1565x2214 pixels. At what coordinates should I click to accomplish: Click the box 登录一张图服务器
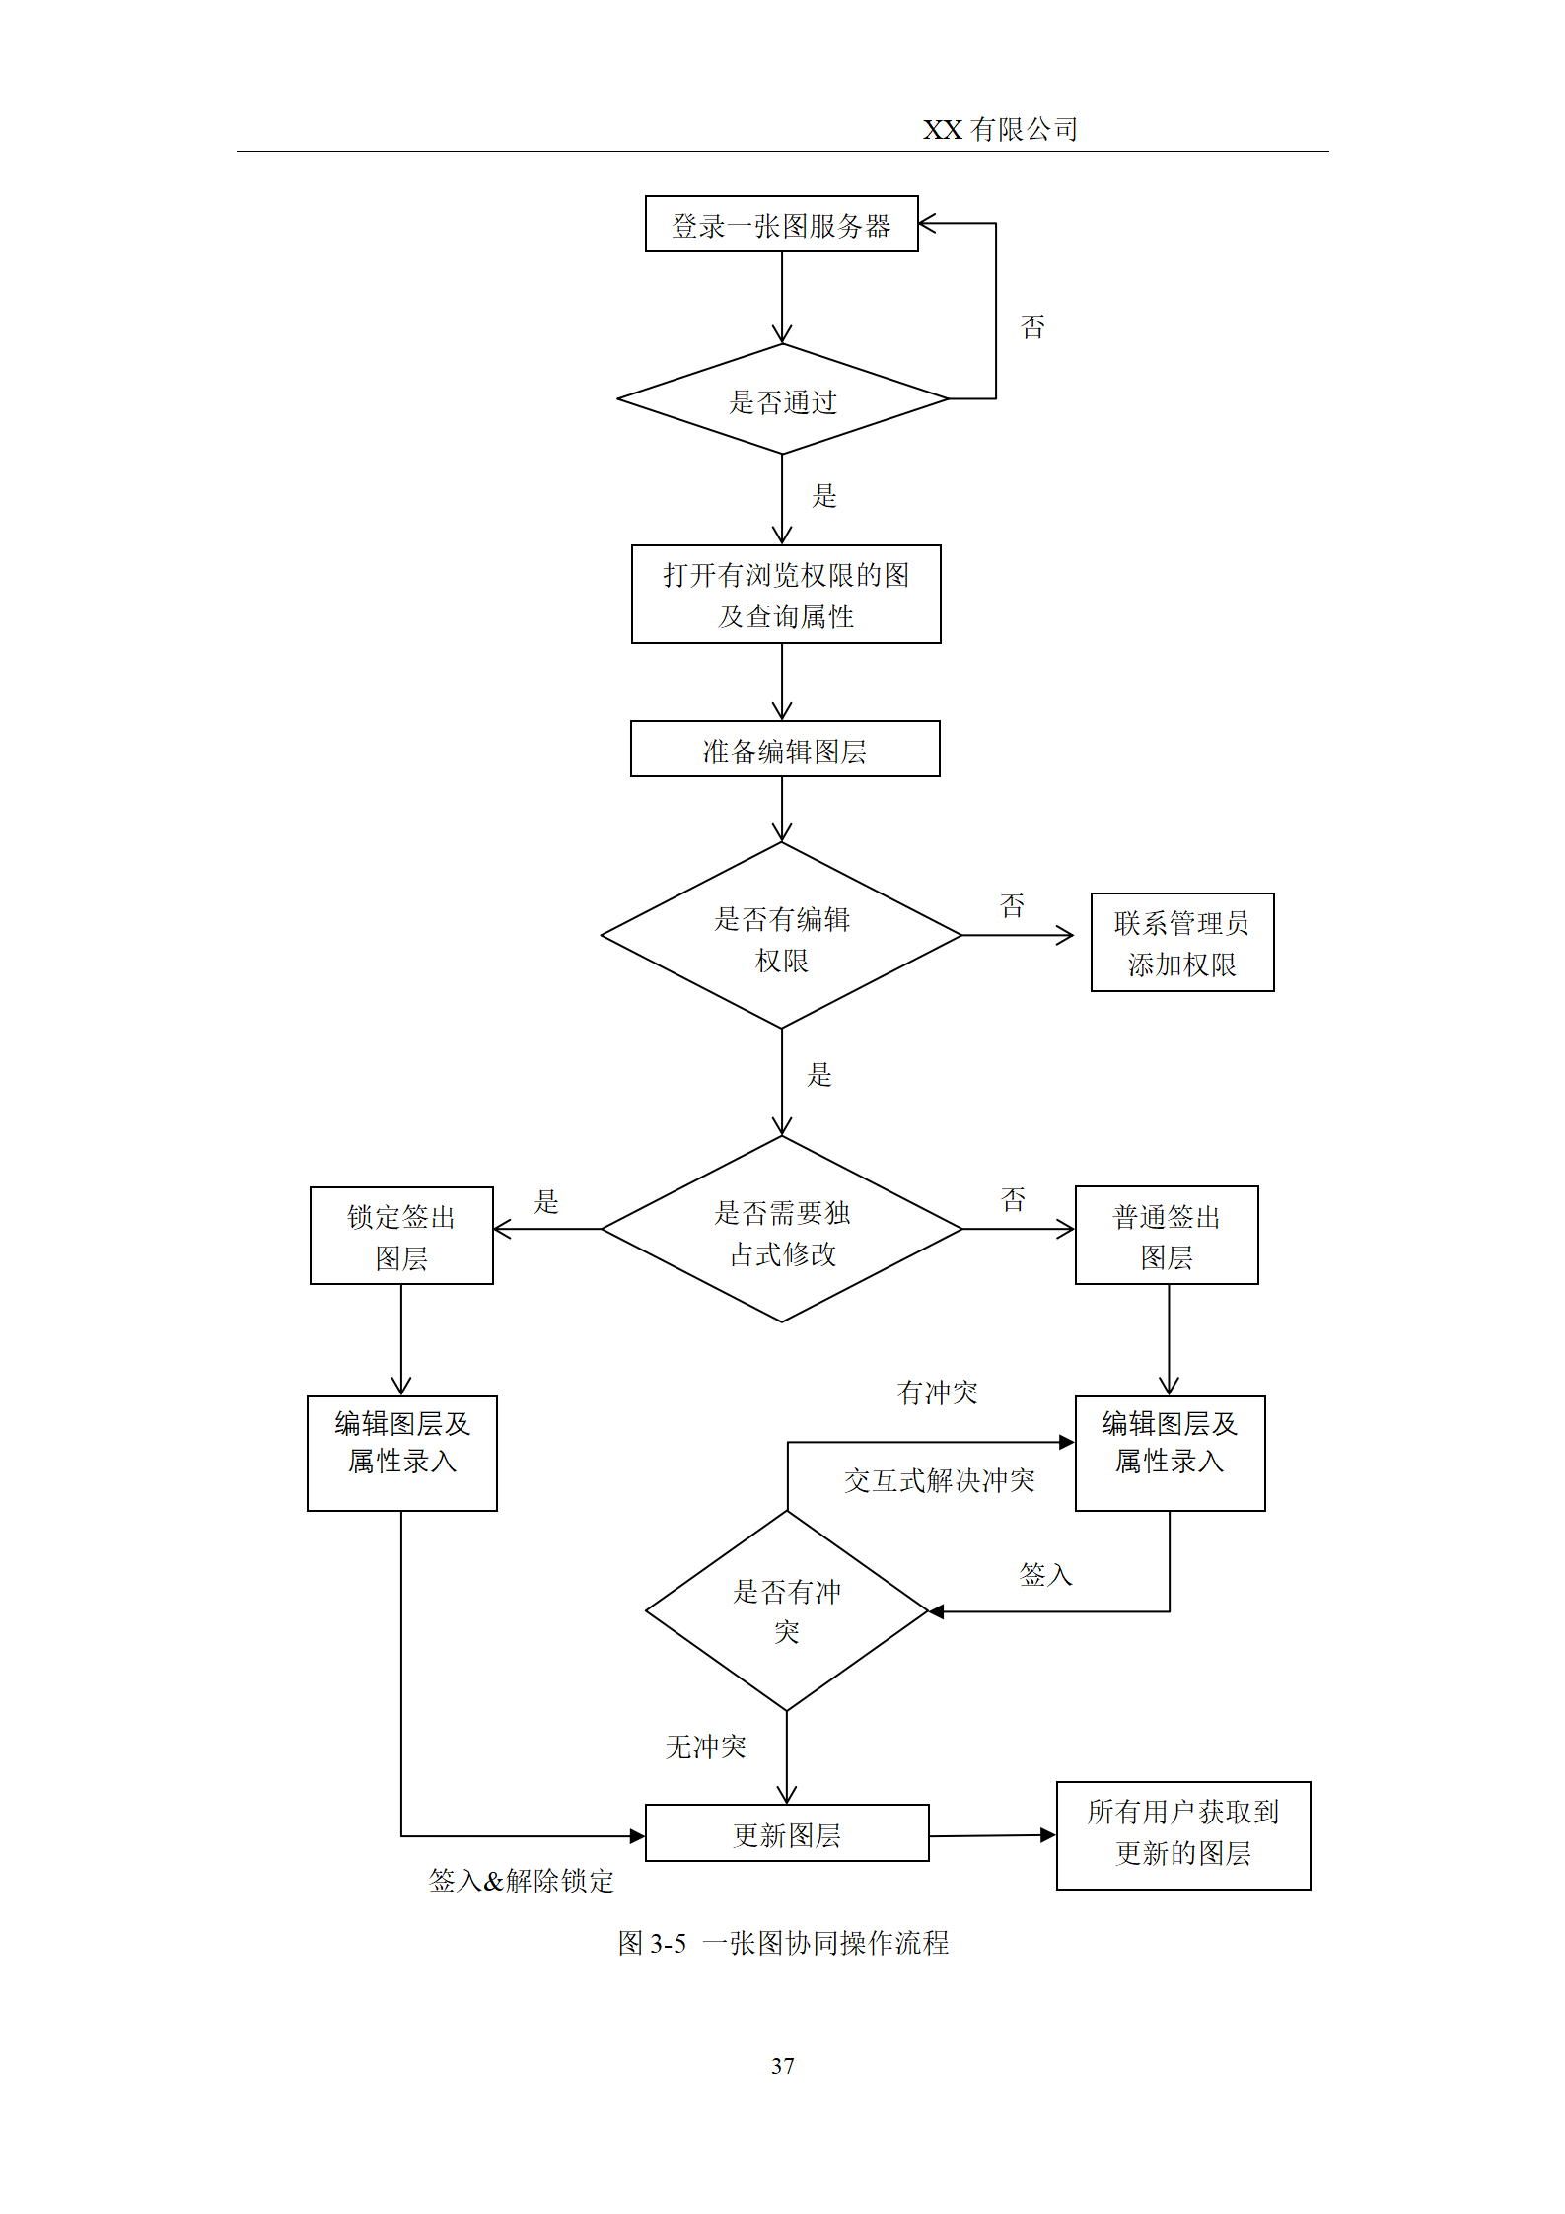pyautogui.click(x=781, y=225)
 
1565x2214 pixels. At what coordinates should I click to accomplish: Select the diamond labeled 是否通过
pyautogui.click(x=782, y=400)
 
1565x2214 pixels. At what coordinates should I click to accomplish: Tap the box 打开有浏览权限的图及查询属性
pyautogui.click(x=786, y=595)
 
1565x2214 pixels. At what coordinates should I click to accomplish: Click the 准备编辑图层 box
pyautogui.click(x=785, y=750)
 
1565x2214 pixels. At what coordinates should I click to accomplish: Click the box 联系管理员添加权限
pyautogui.click(x=1181, y=943)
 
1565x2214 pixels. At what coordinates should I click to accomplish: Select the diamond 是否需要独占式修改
pyautogui.click(x=781, y=1231)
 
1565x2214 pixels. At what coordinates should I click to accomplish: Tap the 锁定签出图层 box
pyautogui.click(x=401, y=1236)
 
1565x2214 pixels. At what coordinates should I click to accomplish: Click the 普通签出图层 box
pyautogui.click(x=1167, y=1236)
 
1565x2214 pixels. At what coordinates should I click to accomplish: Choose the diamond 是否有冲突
pyautogui.click(x=786, y=1611)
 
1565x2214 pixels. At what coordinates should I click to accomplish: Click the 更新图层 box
pyautogui.click(x=786, y=1834)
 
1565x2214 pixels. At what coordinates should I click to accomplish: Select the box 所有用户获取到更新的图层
pyautogui.click(x=1182, y=1835)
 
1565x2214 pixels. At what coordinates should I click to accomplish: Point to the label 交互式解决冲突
pyautogui.click(x=939, y=1481)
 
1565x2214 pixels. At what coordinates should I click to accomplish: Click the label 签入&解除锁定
pyautogui.click(x=521, y=1882)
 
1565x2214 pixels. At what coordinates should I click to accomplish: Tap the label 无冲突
pyautogui.click(x=705, y=1748)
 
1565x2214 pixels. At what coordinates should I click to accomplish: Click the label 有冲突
pyautogui.click(x=937, y=1393)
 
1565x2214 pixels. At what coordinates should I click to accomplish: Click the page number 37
pyautogui.click(x=782, y=2066)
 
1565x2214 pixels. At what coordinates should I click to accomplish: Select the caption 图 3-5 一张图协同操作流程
pyautogui.click(x=783, y=1944)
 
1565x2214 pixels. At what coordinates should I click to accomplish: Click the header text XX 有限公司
pyautogui.click(x=999, y=129)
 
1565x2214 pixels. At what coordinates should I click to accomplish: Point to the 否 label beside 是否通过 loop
pyautogui.click(x=1032, y=326)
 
